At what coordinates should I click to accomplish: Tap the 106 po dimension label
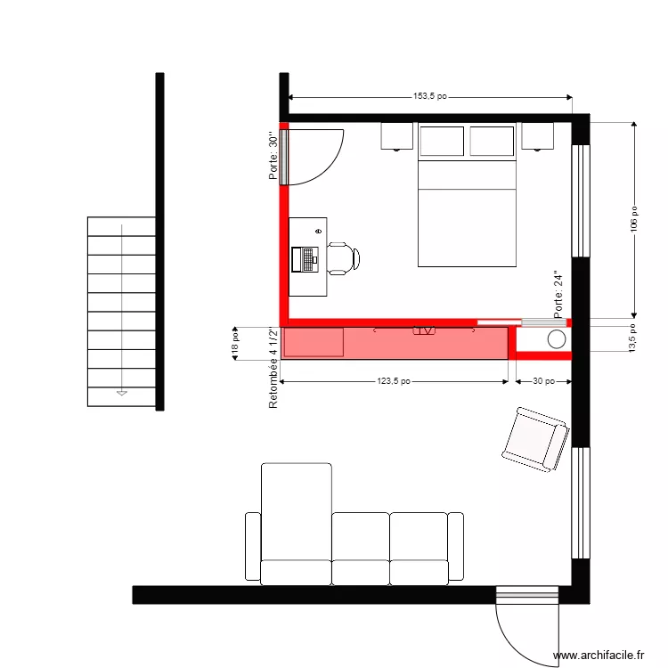[x=634, y=219]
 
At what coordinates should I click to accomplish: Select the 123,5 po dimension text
[x=393, y=382]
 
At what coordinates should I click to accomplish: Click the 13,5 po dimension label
[x=633, y=338]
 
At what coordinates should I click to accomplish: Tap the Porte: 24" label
[x=558, y=296]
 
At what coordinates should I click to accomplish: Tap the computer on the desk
[x=305, y=258]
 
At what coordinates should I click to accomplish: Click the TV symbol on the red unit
[x=425, y=330]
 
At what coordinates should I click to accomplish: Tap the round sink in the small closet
[x=557, y=339]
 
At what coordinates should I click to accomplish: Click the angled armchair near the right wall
[x=534, y=438]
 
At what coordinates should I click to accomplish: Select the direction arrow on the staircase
[x=122, y=392]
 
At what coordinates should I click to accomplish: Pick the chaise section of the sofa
[x=296, y=521]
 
